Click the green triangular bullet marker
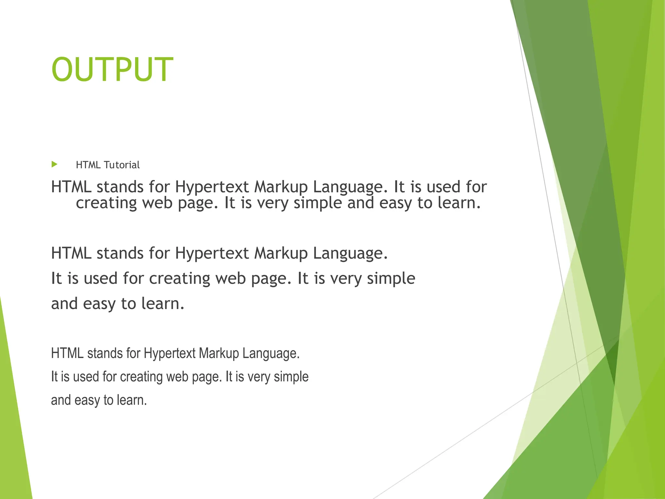[54, 164]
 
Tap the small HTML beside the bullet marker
[88, 165]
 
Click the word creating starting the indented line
[106, 203]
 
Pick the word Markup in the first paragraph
[281, 187]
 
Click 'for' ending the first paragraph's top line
[476, 187]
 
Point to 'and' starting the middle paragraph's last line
[64, 304]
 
